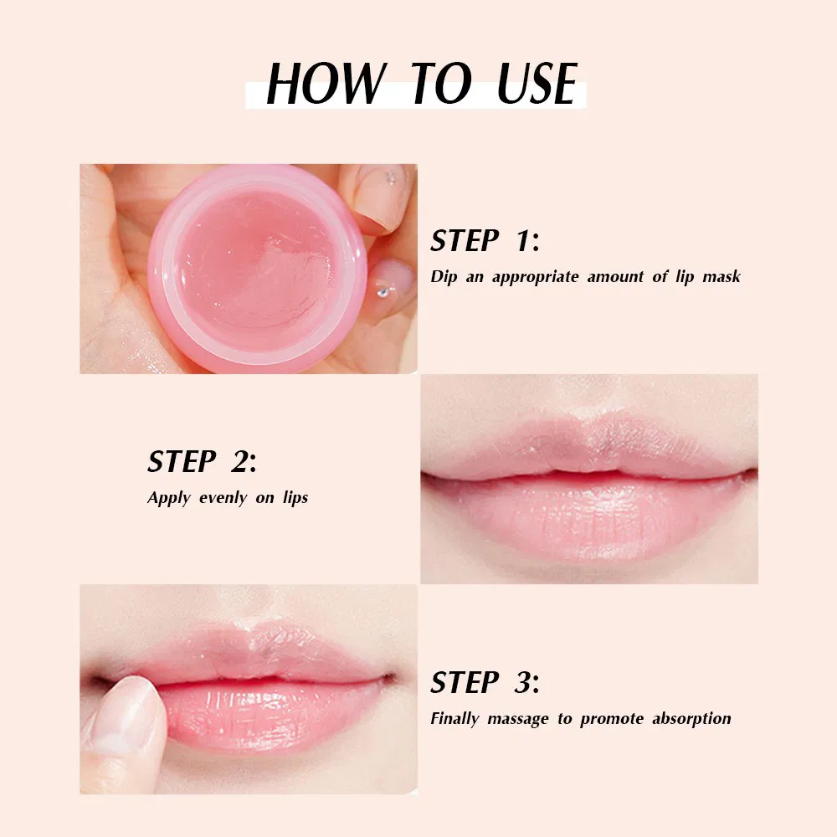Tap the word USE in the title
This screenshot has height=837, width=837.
(537, 84)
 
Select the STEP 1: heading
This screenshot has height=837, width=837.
(485, 241)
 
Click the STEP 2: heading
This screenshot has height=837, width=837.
(202, 461)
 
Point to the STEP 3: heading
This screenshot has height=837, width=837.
(485, 683)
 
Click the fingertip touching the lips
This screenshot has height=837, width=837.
(126, 707)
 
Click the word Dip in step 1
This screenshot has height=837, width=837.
(444, 277)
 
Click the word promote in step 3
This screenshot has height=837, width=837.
(614, 719)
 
